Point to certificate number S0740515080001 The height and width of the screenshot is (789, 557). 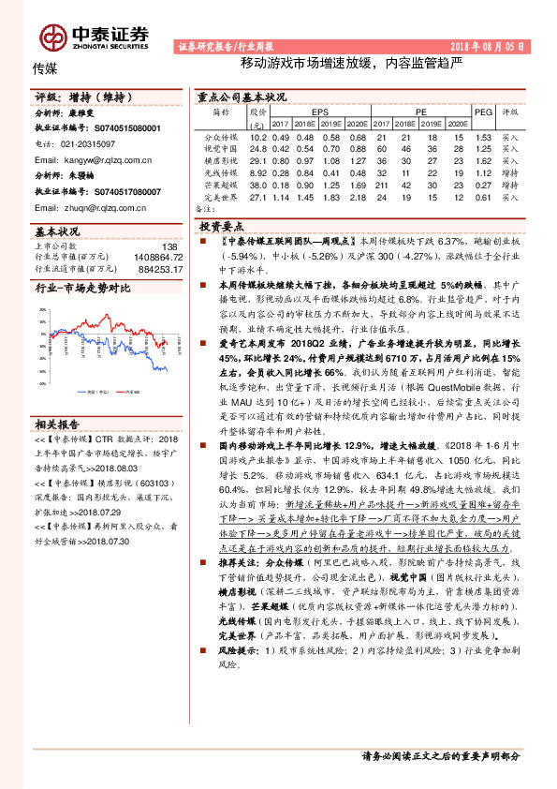pyautogui.click(x=127, y=129)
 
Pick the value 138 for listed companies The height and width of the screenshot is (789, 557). pyautogui.click(x=169, y=246)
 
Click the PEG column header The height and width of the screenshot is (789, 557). pyautogui.click(x=483, y=111)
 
